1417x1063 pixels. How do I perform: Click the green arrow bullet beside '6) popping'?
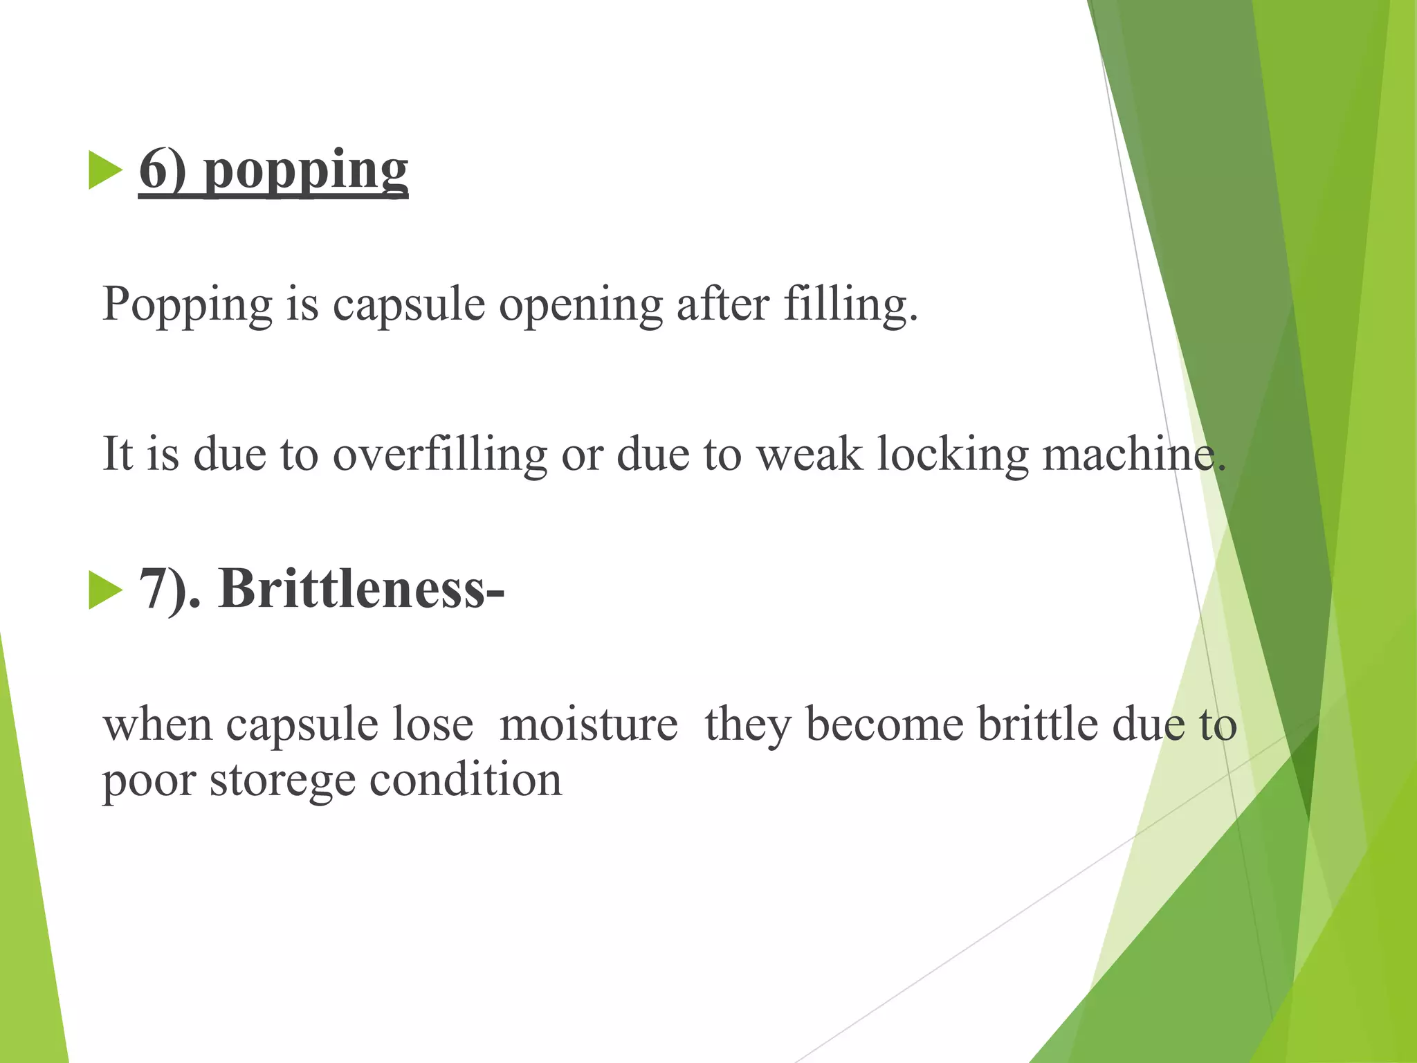(105, 170)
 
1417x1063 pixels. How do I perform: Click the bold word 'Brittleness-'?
(361, 589)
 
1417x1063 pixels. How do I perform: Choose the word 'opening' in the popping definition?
(580, 305)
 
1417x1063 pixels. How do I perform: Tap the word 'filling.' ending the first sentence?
(850, 305)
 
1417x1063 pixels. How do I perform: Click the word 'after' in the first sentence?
(722, 304)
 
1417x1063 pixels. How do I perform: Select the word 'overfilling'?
(440, 455)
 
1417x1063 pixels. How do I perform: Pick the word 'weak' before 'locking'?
(810, 455)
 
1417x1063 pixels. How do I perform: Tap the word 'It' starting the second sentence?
(117, 455)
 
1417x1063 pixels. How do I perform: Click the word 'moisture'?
(588, 725)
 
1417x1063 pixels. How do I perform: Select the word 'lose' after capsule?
(433, 725)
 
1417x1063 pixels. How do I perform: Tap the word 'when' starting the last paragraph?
(158, 725)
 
